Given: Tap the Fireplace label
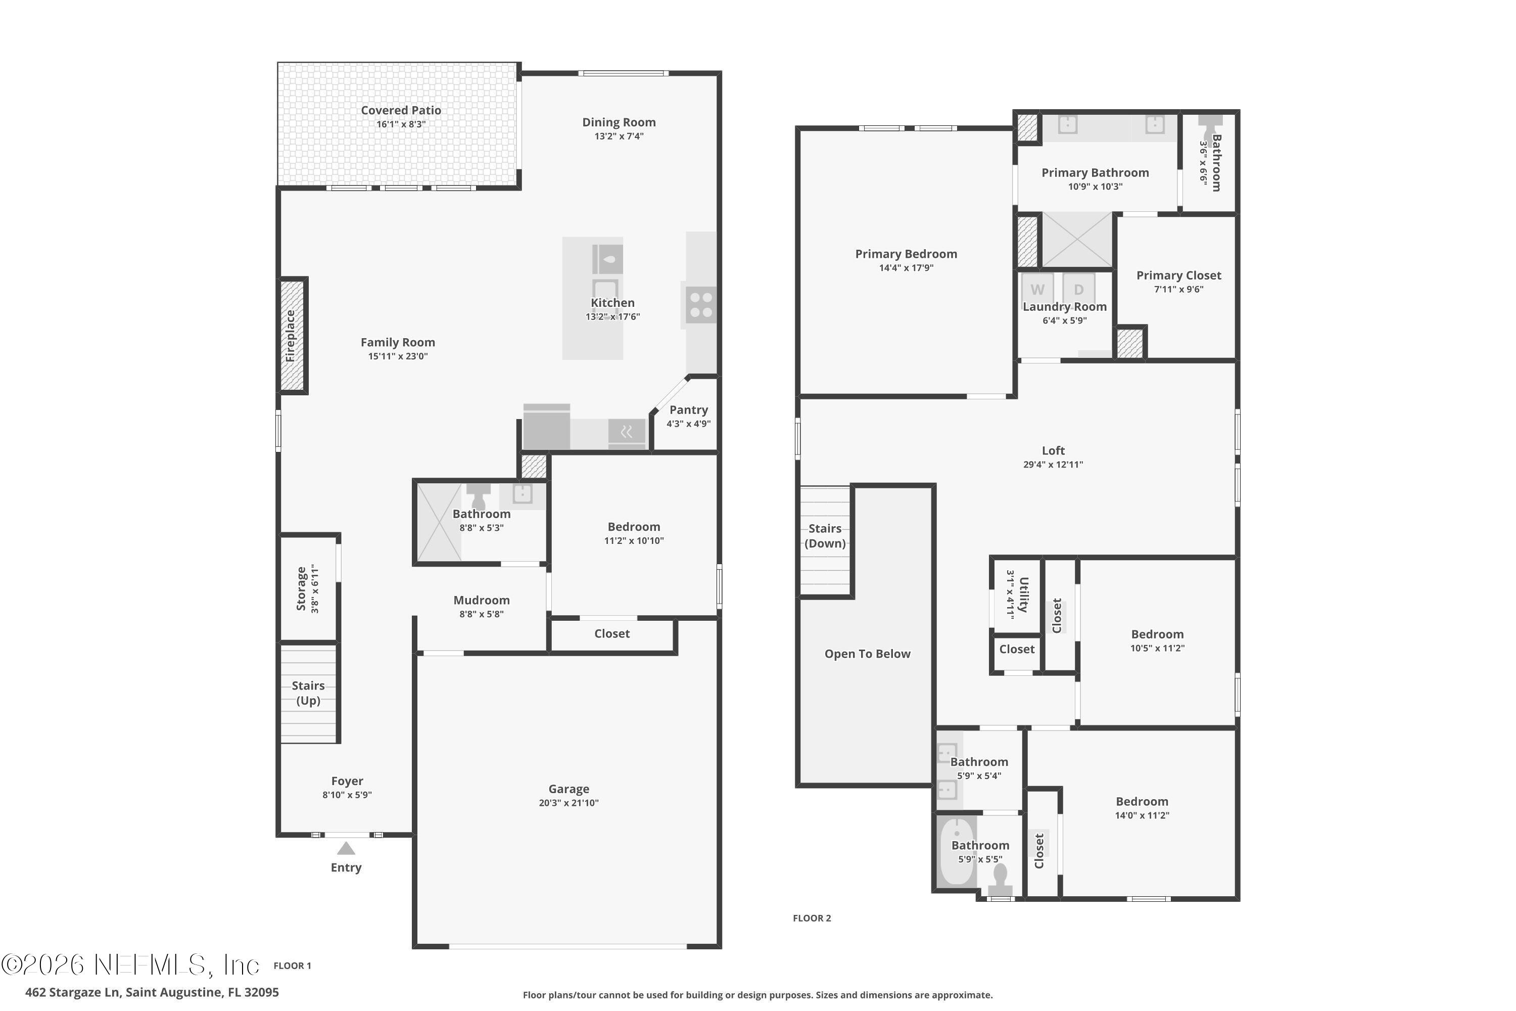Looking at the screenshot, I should pyautogui.click(x=291, y=336).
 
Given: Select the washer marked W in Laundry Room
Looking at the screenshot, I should pyautogui.click(x=1037, y=290).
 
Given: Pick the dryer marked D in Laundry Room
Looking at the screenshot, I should pyautogui.click(x=1079, y=290).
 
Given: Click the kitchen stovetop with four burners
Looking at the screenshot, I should pyautogui.click(x=700, y=305).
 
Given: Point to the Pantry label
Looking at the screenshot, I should pyautogui.click(x=688, y=409).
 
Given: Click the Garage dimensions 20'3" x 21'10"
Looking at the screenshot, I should pyautogui.click(x=568, y=803).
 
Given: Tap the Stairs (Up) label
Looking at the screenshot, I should pyautogui.click(x=308, y=693).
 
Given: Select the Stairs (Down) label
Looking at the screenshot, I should pyautogui.click(x=825, y=536).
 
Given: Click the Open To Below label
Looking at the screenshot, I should pyautogui.click(x=868, y=654).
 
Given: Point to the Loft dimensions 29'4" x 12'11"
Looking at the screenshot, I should pyautogui.click(x=1053, y=464).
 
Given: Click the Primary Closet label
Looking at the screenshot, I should pyautogui.click(x=1178, y=275).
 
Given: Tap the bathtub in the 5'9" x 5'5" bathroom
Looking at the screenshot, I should pyautogui.click(x=957, y=851).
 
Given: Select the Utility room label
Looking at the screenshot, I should pyautogui.click(x=1023, y=594).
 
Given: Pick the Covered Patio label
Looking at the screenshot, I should pyautogui.click(x=401, y=110).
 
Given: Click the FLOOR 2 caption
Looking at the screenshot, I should pyautogui.click(x=812, y=918).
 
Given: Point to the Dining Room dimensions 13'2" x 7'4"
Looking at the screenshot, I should pyautogui.click(x=619, y=136).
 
